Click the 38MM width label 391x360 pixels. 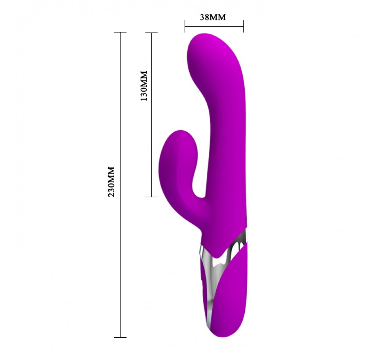(213, 17)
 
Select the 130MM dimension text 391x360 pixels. (144, 86)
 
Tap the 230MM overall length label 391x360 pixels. (111, 182)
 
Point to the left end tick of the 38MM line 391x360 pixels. (185, 26)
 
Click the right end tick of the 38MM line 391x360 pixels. (243, 26)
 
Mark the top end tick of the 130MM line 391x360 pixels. (151, 33)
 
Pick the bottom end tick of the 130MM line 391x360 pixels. (151, 197)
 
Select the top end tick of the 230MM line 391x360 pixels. (120, 33)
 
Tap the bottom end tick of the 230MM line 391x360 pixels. (120, 338)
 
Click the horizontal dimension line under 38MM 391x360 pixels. (214, 26)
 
